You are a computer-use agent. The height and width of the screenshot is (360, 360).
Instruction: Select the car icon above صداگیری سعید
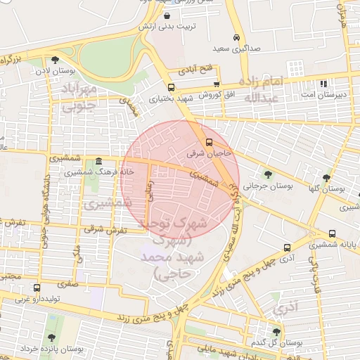pyautogui.click(x=236, y=38)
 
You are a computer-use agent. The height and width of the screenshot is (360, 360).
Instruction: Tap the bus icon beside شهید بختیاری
pyautogui.click(x=172, y=88)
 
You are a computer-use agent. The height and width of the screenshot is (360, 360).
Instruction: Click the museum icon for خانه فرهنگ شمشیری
pyautogui.click(x=96, y=161)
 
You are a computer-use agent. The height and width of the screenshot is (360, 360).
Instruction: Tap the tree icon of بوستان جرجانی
pyautogui.click(x=267, y=174)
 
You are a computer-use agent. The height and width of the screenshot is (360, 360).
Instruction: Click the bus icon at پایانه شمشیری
pyautogui.click(x=332, y=233)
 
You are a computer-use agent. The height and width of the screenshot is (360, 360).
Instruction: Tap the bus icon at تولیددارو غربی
pyautogui.click(x=37, y=288)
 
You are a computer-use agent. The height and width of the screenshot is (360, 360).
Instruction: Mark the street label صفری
pyautogui.click(x=68, y=285)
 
